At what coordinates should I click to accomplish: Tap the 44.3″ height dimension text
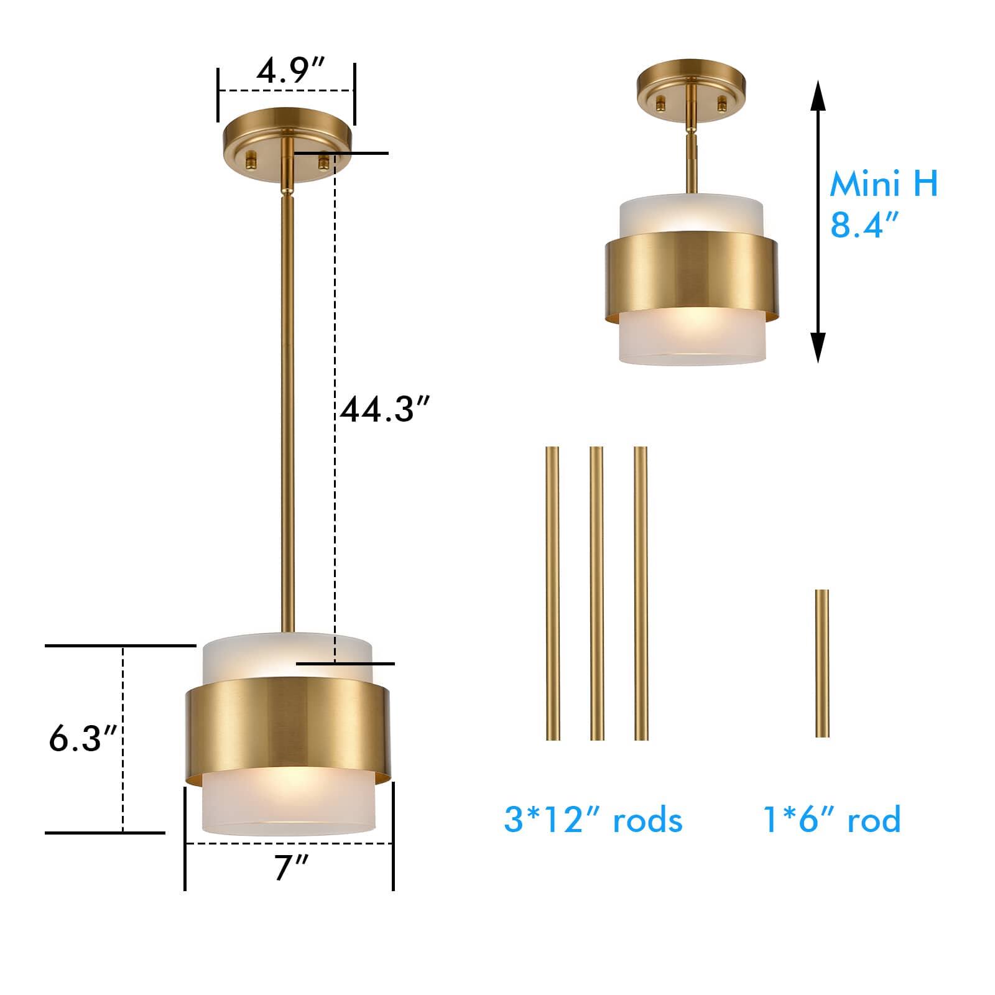384,410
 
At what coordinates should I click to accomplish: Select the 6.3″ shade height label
83,739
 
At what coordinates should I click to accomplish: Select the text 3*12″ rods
593,820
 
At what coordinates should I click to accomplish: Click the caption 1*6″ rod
831,820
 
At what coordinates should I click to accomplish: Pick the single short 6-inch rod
821,663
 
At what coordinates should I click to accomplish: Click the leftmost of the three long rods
552,593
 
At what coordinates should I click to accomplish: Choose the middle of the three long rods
596,593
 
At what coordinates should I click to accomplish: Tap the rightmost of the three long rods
641,593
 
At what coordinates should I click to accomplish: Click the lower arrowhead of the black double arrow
818,348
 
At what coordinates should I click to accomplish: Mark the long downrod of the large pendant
288,404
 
